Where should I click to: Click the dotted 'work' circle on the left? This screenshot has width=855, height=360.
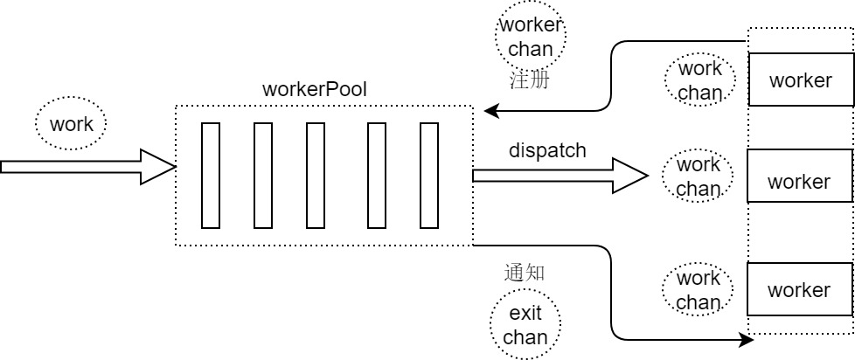coord(71,124)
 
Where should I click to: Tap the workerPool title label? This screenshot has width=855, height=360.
coord(314,90)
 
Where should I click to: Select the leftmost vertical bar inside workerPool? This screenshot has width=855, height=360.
coord(211,175)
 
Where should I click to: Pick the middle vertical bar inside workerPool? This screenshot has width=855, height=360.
coord(316,175)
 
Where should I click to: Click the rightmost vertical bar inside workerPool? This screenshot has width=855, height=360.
coord(428,175)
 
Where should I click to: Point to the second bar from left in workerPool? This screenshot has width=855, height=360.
coord(263,175)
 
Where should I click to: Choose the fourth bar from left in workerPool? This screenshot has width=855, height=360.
coord(377,175)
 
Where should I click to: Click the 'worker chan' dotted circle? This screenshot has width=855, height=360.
coord(531,38)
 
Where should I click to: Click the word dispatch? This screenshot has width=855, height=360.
coord(547,150)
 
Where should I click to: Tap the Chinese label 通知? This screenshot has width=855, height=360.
coord(525,272)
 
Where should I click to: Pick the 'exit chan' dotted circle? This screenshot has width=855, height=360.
coord(525,324)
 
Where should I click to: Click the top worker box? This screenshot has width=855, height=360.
coord(799,81)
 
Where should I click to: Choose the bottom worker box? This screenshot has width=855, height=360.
coord(799,289)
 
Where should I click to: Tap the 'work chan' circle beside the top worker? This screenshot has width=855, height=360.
coord(699,80)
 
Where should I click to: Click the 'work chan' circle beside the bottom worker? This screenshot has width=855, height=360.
coord(699,290)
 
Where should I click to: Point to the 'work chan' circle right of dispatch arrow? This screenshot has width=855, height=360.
coord(699,176)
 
